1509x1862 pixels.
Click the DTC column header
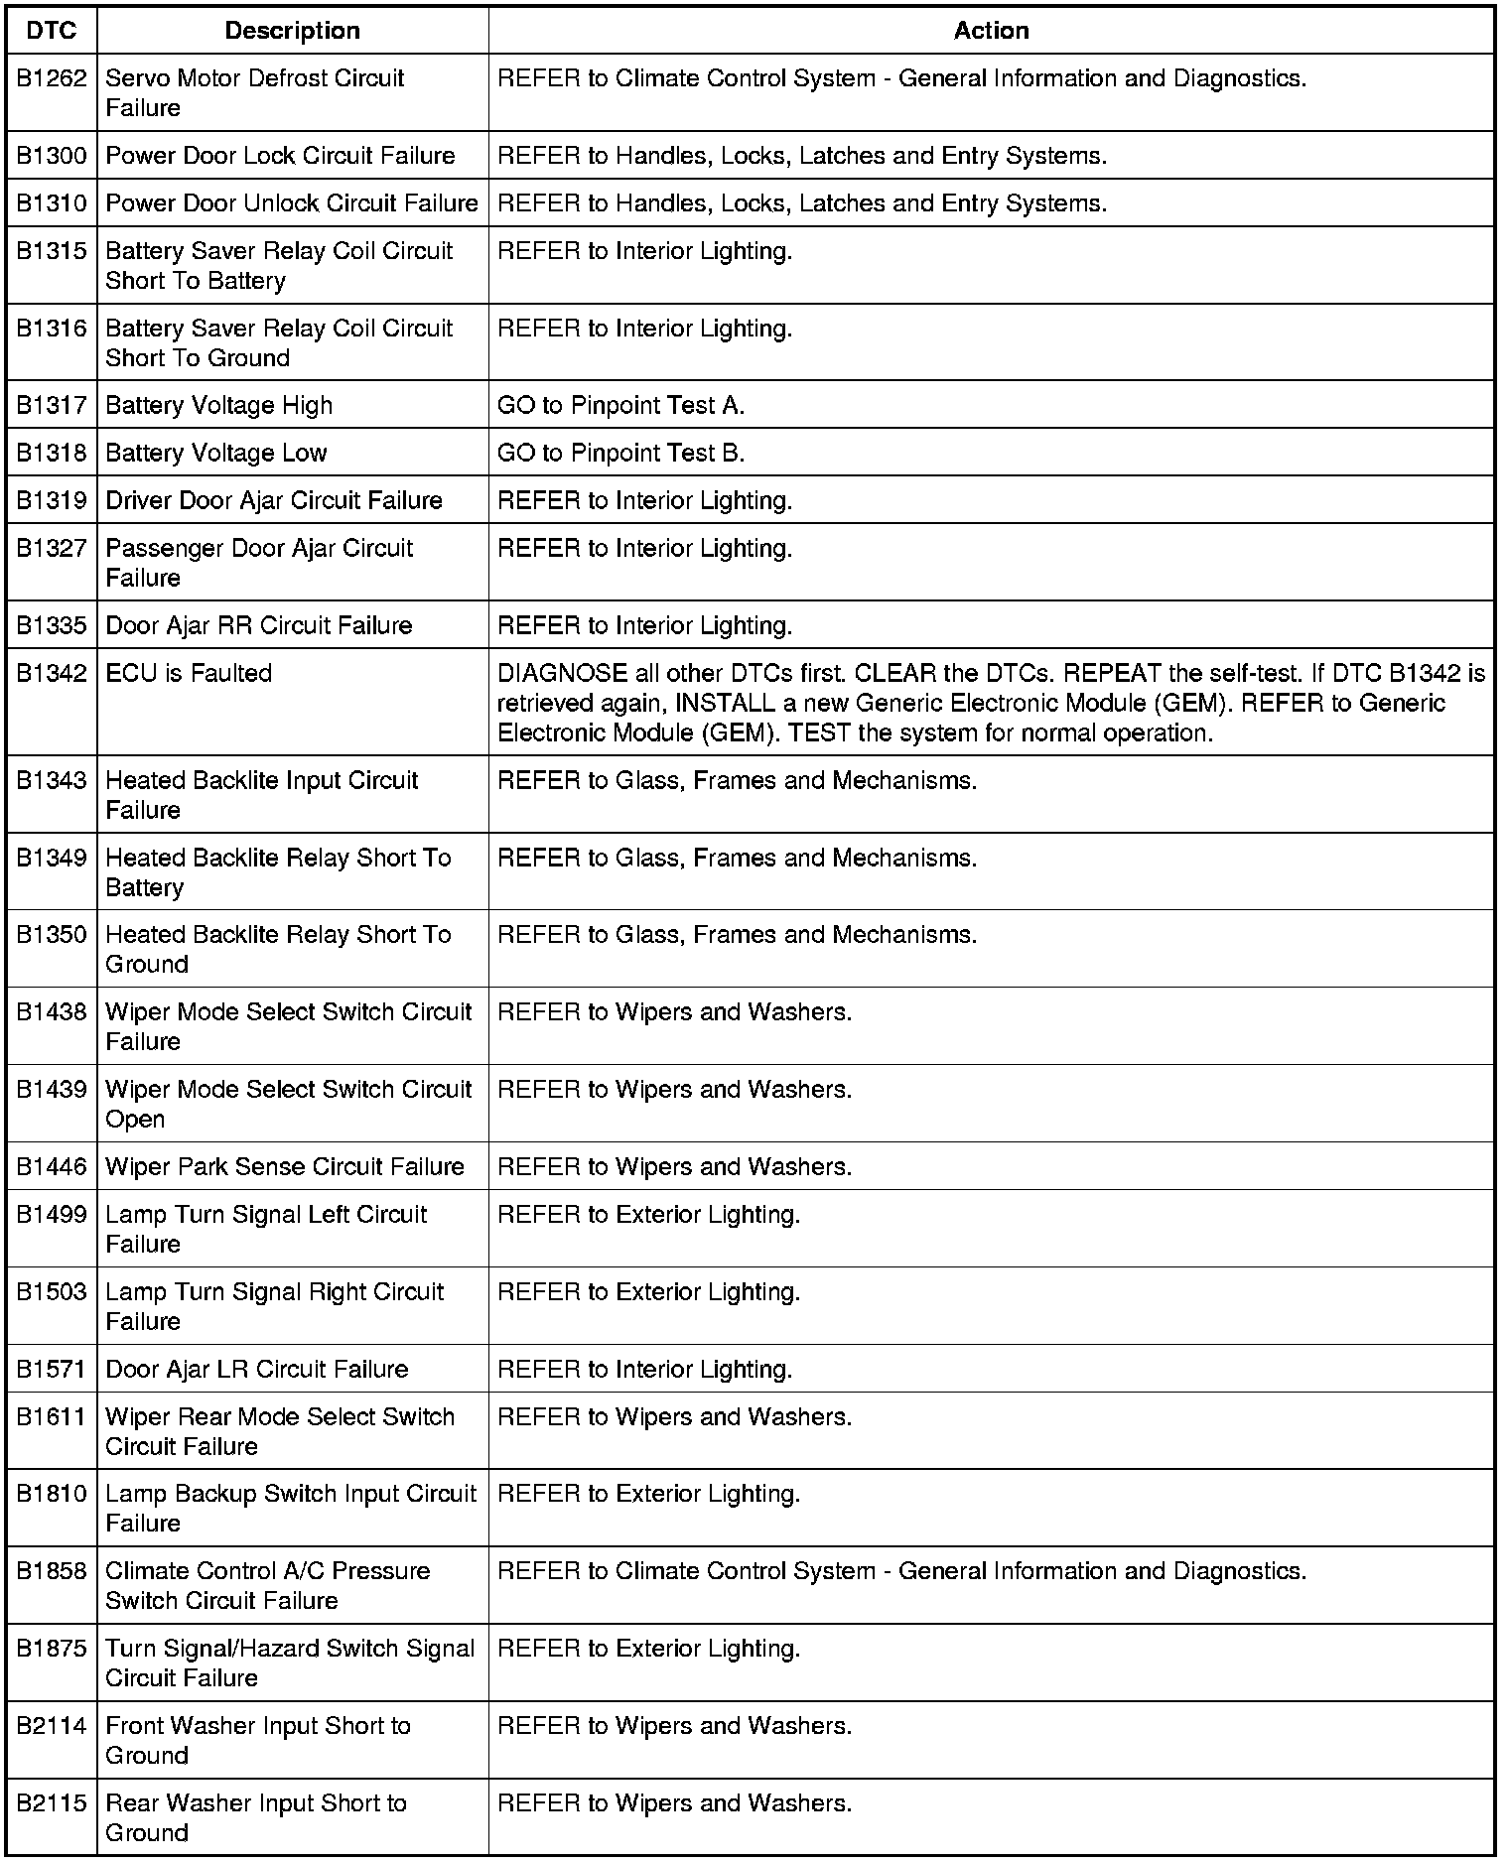[52, 31]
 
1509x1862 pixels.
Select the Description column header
[292, 31]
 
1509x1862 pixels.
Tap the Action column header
[991, 31]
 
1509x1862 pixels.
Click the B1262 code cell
[52, 78]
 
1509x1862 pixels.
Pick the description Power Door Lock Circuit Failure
[280, 156]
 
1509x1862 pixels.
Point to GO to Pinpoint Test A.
[620, 405]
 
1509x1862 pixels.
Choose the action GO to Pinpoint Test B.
[620, 453]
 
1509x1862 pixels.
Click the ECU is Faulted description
[189, 673]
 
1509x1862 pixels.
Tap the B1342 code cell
[52, 673]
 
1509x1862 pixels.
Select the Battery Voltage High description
[218, 405]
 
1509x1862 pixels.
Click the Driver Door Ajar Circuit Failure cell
[274, 500]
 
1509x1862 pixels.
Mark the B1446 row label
[52, 1166]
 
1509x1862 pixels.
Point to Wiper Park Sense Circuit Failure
[285, 1166]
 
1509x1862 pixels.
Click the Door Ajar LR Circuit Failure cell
[256, 1369]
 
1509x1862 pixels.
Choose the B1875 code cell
[52, 1649]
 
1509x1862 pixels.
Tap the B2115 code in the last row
[52, 1803]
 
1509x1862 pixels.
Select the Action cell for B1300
[801, 156]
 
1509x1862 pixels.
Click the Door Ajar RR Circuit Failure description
[258, 625]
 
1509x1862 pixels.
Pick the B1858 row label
[52, 1571]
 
